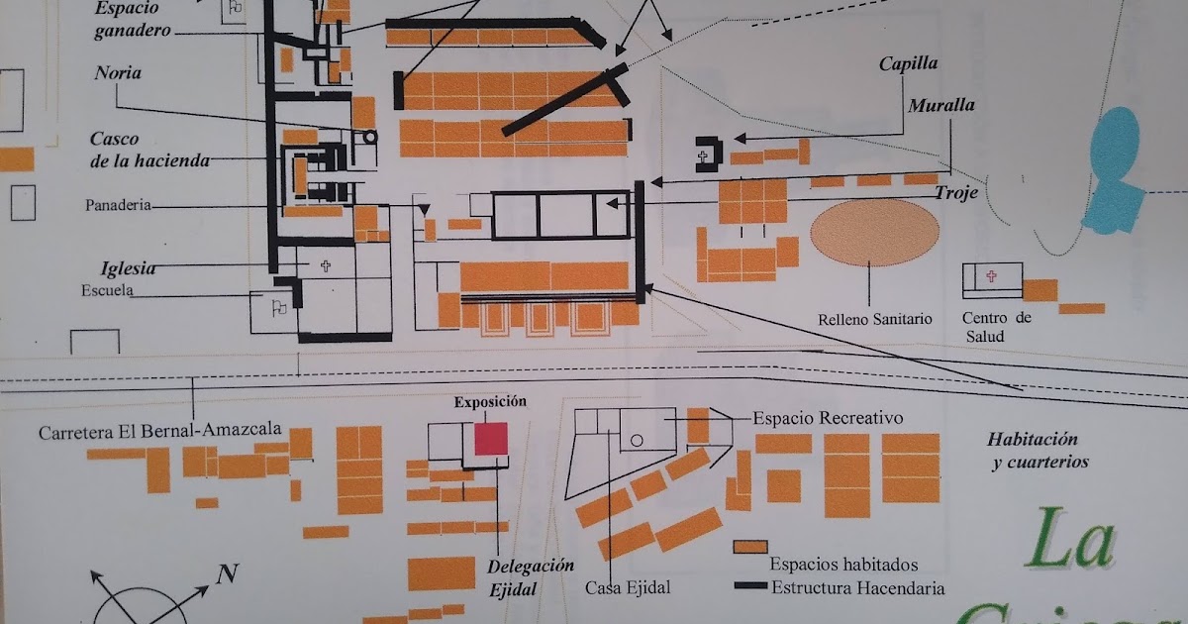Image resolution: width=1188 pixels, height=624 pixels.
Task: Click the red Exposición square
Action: pos(491,439)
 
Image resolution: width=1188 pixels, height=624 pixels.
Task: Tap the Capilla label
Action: pos(908,64)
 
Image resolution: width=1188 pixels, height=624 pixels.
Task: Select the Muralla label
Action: pos(941,105)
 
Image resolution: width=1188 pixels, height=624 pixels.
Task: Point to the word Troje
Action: pos(956,193)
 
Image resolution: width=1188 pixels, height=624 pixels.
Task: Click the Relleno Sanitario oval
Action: pos(874,233)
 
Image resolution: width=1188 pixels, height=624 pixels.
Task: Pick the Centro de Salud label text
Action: pos(996,327)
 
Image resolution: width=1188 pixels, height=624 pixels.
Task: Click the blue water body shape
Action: pos(1116,173)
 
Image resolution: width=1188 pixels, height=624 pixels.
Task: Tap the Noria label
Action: pos(118,73)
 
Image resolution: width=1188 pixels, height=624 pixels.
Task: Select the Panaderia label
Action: pos(118,205)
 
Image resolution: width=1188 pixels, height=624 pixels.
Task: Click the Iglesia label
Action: pos(128,268)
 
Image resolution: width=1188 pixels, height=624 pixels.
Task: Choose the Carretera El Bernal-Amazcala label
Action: pos(160,432)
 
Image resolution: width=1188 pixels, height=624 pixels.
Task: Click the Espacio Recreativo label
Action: pos(828,418)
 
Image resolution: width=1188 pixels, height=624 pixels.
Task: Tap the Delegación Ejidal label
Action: pos(530,576)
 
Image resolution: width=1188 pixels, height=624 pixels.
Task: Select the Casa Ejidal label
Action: pos(628,587)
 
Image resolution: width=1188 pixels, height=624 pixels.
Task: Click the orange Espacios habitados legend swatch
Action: pos(750,547)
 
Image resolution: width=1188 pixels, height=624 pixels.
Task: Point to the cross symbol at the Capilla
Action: pos(704,156)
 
